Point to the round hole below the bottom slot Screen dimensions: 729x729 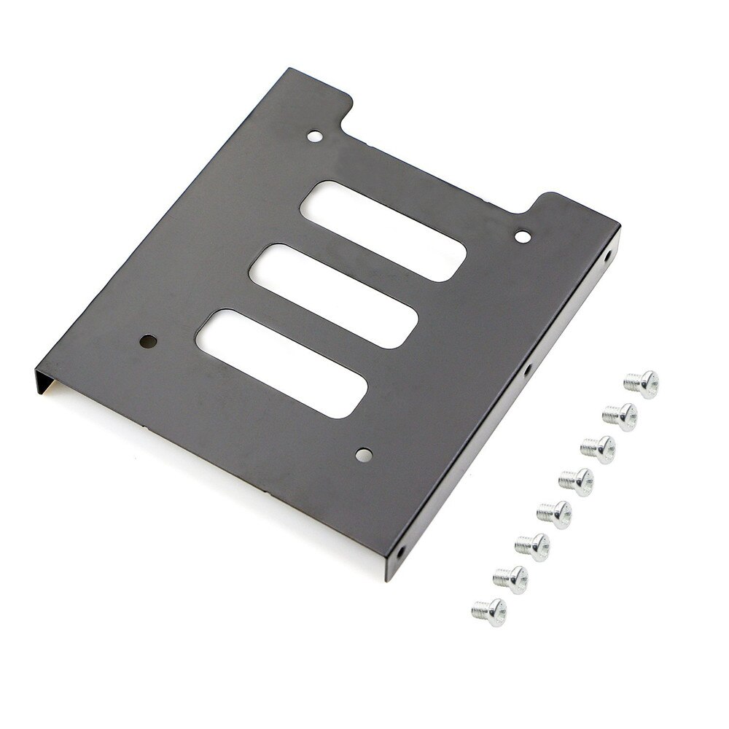click(363, 455)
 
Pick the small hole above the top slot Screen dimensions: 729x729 click(314, 136)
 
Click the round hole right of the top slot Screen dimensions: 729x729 click(523, 236)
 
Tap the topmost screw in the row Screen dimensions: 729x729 click(642, 383)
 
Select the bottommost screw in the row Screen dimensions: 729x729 click(488, 611)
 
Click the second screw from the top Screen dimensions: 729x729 click(620, 416)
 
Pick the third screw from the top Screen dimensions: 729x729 click(598, 449)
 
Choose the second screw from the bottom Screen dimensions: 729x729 click(510, 579)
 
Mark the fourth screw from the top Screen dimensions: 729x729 click(576, 482)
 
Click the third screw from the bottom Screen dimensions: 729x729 click(531, 546)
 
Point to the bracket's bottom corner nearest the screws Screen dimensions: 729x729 click(388, 576)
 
